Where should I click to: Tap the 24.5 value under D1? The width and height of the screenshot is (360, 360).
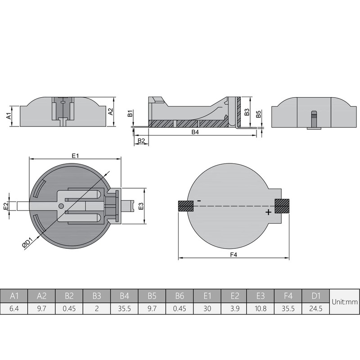pyautogui.click(x=316, y=310)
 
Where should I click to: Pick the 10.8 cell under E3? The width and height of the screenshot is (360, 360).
pyautogui.click(x=261, y=310)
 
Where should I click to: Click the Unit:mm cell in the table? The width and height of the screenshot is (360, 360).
pyautogui.click(x=344, y=302)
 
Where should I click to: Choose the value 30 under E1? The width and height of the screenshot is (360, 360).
pyautogui.click(x=207, y=310)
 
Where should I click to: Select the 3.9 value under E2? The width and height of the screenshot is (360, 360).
pyautogui.click(x=234, y=310)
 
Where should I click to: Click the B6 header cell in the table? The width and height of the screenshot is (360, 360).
pyautogui.click(x=180, y=295)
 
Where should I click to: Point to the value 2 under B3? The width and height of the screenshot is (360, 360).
pyautogui.click(x=97, y=310)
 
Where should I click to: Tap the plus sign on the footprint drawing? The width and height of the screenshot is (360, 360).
pyautogui.click(x=268, y=212)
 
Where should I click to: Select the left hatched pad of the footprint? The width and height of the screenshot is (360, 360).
pyautogui.click(x=185, y=206)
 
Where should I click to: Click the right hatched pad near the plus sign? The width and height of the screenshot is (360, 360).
pyautogui.click(x=282, y=206)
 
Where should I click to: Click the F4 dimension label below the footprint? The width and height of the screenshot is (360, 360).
pyautogui.click(x=233, y=254)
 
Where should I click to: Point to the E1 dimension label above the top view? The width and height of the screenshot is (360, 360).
pyautogui.click(x=76, y=155)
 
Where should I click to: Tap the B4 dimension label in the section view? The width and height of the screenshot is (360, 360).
pyautogui.click(x=195, y=132)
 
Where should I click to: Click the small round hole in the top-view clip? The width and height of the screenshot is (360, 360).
pyautogui.click(x=61, y=206)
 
